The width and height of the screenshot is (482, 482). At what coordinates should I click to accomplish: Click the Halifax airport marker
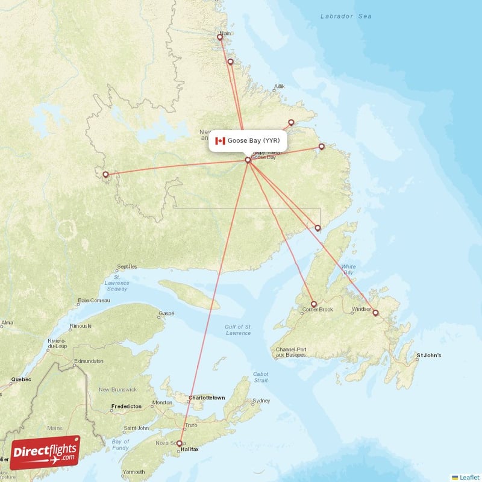179,443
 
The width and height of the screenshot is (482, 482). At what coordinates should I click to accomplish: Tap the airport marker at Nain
220,37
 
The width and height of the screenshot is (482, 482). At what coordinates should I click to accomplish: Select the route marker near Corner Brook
313,304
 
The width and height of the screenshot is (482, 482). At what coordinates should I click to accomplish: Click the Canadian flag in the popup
220,141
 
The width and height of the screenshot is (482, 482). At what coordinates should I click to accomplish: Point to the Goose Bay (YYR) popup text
254,141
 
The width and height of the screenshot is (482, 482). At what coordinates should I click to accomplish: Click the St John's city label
429,355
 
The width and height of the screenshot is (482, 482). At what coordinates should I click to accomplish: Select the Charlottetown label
207,398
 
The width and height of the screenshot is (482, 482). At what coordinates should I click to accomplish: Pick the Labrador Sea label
346,17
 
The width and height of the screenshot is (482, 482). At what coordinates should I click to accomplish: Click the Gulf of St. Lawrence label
238,330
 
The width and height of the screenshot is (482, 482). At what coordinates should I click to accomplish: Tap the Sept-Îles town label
127,266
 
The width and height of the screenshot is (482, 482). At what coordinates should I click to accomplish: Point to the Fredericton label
127,407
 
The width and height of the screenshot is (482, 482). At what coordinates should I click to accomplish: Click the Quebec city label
20,380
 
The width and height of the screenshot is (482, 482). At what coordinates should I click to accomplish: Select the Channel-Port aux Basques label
291,352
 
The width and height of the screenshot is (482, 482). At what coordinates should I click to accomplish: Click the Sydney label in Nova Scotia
261,401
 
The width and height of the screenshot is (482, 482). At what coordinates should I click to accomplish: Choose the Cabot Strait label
261,377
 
